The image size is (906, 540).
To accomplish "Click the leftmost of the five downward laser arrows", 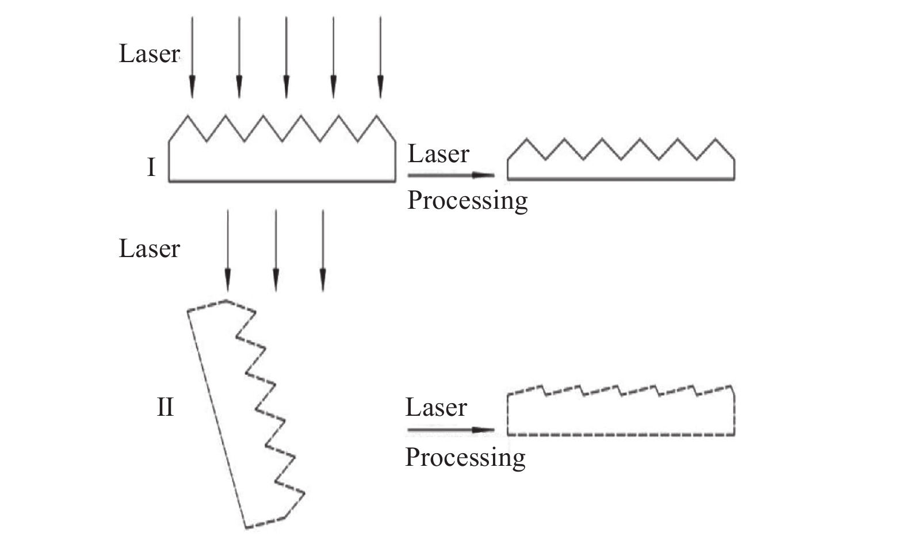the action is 192,57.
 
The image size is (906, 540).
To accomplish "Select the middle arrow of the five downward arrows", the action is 286,57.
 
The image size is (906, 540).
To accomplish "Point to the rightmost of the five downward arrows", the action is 381,57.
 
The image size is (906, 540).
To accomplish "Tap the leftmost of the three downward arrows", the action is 228,250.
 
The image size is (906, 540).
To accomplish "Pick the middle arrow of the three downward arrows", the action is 276,250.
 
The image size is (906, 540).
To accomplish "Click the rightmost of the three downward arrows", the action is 323,250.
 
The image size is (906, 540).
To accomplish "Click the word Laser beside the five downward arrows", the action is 149,53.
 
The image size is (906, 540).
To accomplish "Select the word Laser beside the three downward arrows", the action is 149,248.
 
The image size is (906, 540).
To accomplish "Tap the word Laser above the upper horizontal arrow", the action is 438,154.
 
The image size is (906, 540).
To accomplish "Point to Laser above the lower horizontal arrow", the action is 437,407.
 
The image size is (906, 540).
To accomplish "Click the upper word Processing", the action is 468,201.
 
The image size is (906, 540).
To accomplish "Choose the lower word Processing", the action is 465,458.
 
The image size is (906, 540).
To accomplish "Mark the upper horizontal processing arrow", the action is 451,175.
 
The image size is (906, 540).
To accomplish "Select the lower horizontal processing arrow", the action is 451,430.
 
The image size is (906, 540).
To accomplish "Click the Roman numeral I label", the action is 151,167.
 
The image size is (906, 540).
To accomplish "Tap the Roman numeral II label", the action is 165,407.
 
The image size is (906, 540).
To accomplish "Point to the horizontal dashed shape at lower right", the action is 621,435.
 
